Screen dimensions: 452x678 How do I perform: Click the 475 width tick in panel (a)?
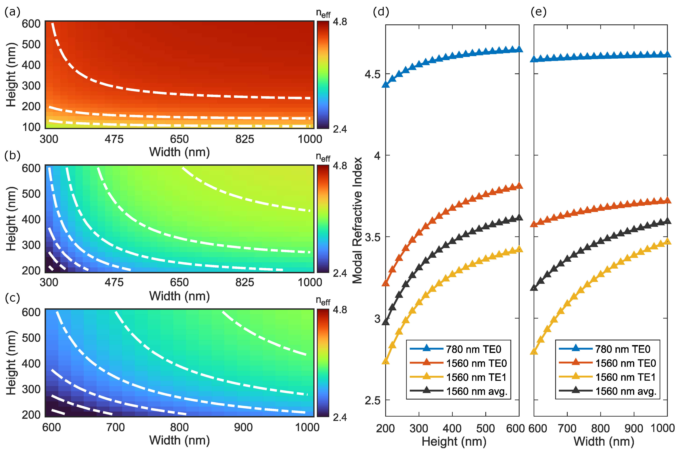pyautogui.click(x=114, y=139)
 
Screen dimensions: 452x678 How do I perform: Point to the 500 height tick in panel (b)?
pyautogui.click(x=31, y=194)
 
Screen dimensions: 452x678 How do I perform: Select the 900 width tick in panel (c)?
pyautogui.click(x=243, y=427)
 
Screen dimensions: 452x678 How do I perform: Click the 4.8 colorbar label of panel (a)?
pyautogui.click(x=340, y=22)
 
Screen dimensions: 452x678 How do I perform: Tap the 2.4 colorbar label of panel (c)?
pyautogui.click(x=340, y=417)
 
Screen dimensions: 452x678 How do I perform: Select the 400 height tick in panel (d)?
pyautogui.click(x=452, y=428)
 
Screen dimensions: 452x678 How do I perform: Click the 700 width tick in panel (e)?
pyautogui.click(x=567, y=428)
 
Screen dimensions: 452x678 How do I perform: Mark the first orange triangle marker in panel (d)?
pyautogui.click(x=386, y=283)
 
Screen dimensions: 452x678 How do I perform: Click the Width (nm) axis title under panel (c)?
pyautogui.click(x=179, y=440)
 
